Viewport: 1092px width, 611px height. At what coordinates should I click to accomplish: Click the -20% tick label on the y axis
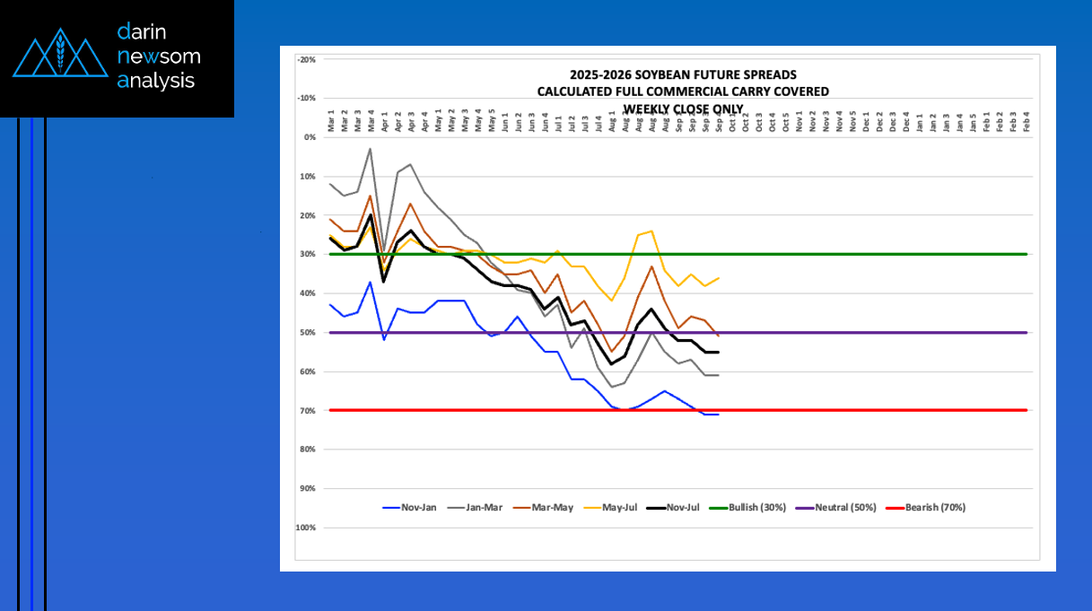tap(306, 59)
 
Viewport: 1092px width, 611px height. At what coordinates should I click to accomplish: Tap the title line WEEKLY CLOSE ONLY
tap(684, 109)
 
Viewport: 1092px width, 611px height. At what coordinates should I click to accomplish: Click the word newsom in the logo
tap(159, 57)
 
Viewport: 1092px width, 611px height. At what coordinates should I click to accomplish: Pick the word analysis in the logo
tap(155, 80)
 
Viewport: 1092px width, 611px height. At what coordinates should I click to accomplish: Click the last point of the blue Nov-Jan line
tap(719, 415)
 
